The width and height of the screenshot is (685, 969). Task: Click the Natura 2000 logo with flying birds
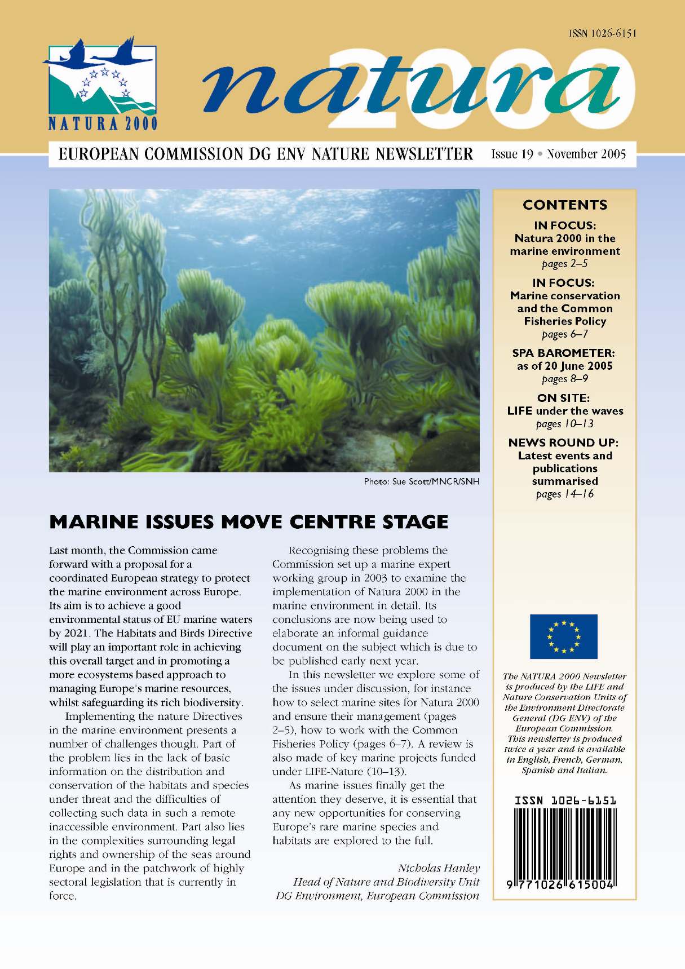click(100, 82)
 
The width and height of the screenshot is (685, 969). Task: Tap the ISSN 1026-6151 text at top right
click(602, 33)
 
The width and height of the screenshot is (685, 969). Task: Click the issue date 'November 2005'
click(586, 154)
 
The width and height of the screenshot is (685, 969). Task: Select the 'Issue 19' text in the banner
click(512, 154)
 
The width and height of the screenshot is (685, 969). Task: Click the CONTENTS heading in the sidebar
click(565, 205)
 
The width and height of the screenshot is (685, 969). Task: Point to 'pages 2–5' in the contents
click(564, 264)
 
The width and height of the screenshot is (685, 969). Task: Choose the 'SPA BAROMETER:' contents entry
click(563, 353)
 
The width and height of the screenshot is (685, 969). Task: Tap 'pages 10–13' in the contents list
click(564, 424)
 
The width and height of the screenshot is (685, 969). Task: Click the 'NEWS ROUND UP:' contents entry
click(563, 443)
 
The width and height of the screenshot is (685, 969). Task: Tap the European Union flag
click(563, 636)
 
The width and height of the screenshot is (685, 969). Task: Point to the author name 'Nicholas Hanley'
click(439, 868)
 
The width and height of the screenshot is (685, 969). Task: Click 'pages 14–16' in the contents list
click(564, 494)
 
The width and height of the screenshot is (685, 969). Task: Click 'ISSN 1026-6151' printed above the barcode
click(565, 800)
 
